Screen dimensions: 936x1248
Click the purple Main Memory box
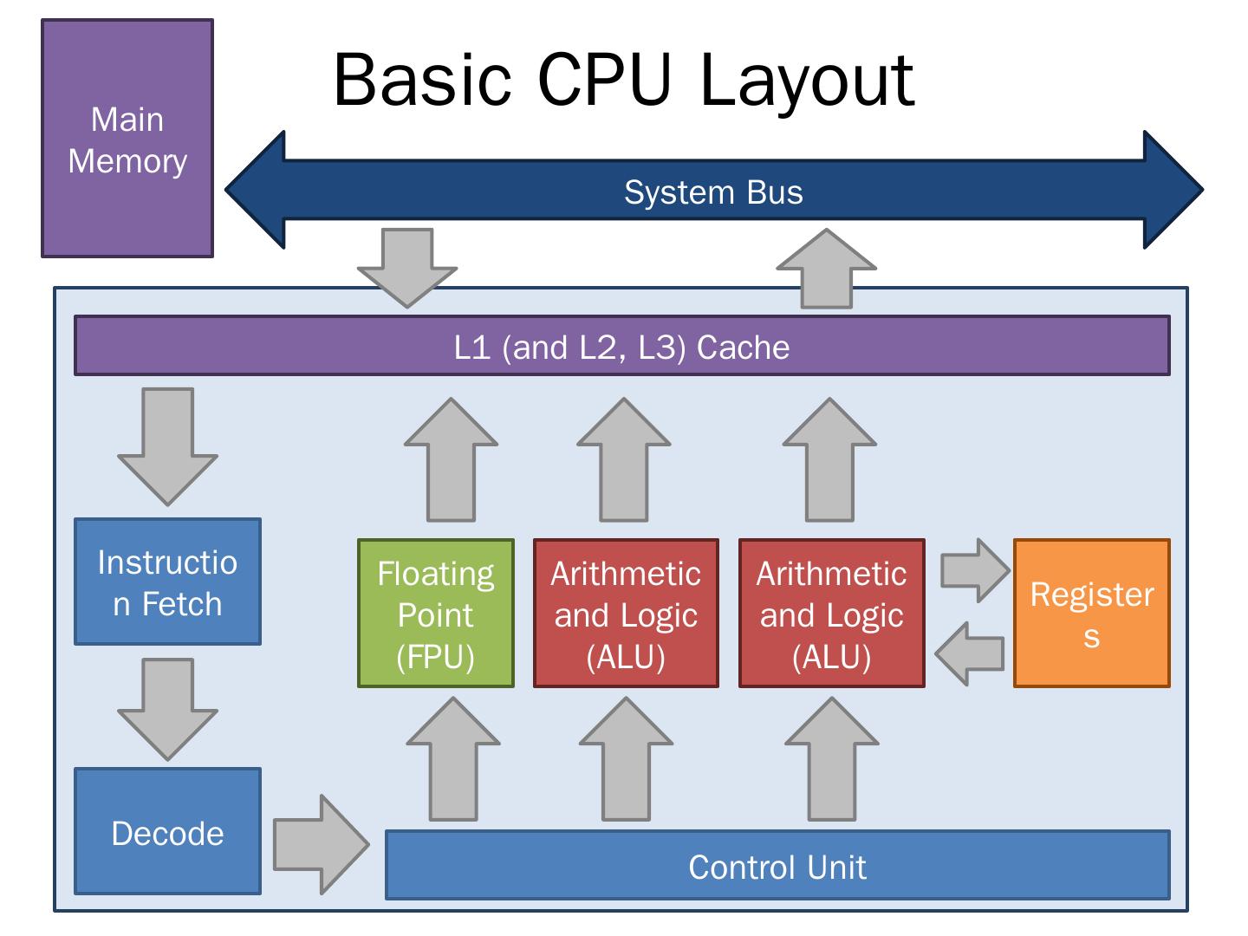pos(127,139)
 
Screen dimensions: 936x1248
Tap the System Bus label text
pos(713,192)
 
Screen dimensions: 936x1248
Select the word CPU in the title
pos(604,80)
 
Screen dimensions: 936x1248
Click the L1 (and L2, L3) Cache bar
pos(621,347)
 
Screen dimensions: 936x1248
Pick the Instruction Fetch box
pos(167,582)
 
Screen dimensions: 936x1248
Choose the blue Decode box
pos(167,832)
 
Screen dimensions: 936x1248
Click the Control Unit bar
pos(777,867)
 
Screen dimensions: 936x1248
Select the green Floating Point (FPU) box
pos(435,614)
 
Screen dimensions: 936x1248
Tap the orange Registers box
pos(1091,614)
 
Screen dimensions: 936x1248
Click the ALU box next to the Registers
pos(831,614)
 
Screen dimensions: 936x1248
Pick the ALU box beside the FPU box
pos(626,614)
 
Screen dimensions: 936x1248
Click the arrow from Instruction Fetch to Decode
pos(167,707)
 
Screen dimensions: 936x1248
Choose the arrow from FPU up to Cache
pos(451,459)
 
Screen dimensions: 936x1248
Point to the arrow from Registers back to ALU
pos(971,653)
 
